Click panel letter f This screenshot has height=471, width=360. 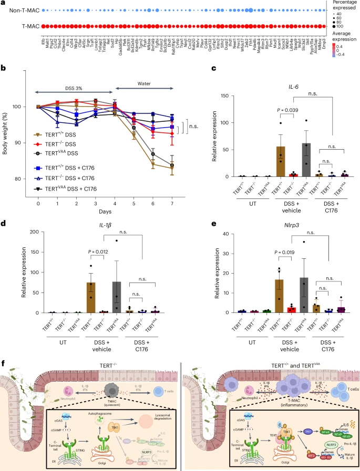coord(5,363)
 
